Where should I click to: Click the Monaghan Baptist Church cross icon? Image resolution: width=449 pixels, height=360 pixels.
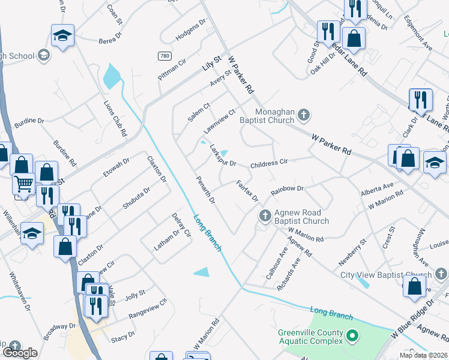(x=304, y=114)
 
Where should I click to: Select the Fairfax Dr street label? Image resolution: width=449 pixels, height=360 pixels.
(x=247, y=191)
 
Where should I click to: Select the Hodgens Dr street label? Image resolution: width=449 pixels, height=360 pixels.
(x=190, y=35)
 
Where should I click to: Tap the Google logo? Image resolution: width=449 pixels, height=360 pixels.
(x=20, y=353)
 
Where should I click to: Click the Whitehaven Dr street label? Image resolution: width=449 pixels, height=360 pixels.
(x=19, y=292)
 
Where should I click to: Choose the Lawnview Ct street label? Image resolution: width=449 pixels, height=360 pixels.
(x=218, y=121)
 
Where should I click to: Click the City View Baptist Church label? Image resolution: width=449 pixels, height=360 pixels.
(x=385, y=275)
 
